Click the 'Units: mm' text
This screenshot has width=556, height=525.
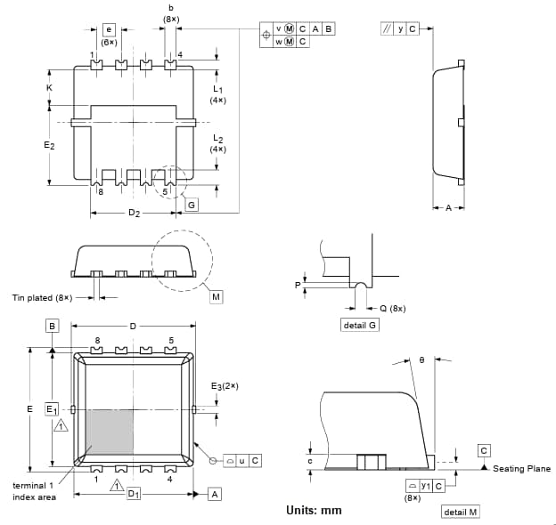pos(314,510)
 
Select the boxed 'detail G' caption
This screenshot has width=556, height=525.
pos(360,326)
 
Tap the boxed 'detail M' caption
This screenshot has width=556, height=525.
pos(461,512)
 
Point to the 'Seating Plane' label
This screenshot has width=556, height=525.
pos(521,469)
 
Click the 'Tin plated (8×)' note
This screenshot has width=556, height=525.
pos(42,297)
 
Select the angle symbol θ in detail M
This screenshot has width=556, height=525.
pos(421,360)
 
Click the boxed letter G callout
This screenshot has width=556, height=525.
pos(192,205)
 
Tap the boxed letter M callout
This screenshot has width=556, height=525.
pos(217,296)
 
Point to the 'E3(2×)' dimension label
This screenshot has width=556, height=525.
pos(225,386)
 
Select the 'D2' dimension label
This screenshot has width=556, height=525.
pos(134,214)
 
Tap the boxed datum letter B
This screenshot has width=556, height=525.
pos(53,327)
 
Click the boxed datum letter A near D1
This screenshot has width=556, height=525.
pos(215,494)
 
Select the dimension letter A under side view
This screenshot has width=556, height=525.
pos(449,207)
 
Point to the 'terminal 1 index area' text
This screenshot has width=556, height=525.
pos(35,491)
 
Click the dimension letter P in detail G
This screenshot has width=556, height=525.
pos(298,285)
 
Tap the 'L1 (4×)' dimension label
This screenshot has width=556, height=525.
pos(217,93)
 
